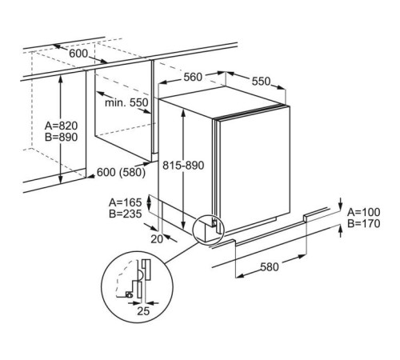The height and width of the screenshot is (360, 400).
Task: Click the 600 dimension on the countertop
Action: pyautogui.click(x=78, y=54)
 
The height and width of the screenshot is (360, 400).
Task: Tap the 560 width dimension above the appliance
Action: pyautogui.click(x=193, y=77)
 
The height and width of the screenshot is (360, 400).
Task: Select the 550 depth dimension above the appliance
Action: pyautogui.click(x=261, y=82)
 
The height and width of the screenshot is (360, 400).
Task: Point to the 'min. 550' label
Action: pyautogui.click(x=126, y=102)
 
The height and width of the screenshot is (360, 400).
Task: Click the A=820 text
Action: pyautogui.click(x=61, y=126)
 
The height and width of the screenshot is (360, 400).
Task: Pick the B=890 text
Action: pyautogui.click(x=61, y=137)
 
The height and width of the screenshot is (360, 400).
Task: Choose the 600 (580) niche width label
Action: pyautogui.click(x=121, y=172)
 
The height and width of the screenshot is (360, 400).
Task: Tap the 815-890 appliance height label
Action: pyautogui.click(x=183, y=166)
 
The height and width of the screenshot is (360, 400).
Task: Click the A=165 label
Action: pyautogui.click(x=125, y=202)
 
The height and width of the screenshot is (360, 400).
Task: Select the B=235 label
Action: pyautogui.click(x=125, y=214)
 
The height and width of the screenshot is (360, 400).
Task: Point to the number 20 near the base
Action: pyautogui.click(x=157, y=239)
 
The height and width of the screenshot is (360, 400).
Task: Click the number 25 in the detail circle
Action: pyautogui.click(x=143, y=311)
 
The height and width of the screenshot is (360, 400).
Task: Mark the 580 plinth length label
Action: pyautogui.click(x=270, y=267)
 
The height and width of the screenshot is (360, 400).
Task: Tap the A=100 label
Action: pyautogui.click(x=364, y=212)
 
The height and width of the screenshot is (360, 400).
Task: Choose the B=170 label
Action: pyautogui.click(x=364, y=223)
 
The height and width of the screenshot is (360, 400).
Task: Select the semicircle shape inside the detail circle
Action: pyautogui.click(x=142, y=274)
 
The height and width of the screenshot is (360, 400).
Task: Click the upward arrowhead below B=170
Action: pyautogui.click(x=340, y=228)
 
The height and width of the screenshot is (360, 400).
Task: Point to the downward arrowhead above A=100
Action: pyautogui.click(x=340, y=206)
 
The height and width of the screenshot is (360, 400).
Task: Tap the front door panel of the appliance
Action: pyautogui.click(x=254, y=168)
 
